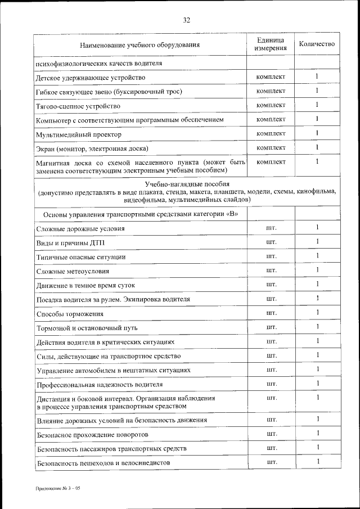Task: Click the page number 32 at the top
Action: (186, 20)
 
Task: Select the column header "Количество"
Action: (317, 44)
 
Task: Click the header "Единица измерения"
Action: (271, 44)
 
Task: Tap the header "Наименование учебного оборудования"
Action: (139, 44)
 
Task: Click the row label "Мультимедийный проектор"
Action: (78, 135)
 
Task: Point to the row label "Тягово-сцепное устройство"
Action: (78, 106)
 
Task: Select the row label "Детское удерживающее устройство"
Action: (91, 78)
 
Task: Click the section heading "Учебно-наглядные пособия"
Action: (187, 184)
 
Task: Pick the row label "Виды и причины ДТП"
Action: (70, 243)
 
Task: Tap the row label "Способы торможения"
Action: (70, 314)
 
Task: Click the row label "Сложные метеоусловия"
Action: (73, 272)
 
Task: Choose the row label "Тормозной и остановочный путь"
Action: (87, 328)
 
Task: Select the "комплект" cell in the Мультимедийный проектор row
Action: (271, 134)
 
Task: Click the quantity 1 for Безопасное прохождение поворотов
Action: (317, 434)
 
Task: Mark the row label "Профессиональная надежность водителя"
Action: (100, 385)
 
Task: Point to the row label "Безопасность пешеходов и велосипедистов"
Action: (103, 463)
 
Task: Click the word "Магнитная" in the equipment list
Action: (54, 163)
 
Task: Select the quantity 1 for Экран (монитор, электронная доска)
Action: (317, 148)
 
